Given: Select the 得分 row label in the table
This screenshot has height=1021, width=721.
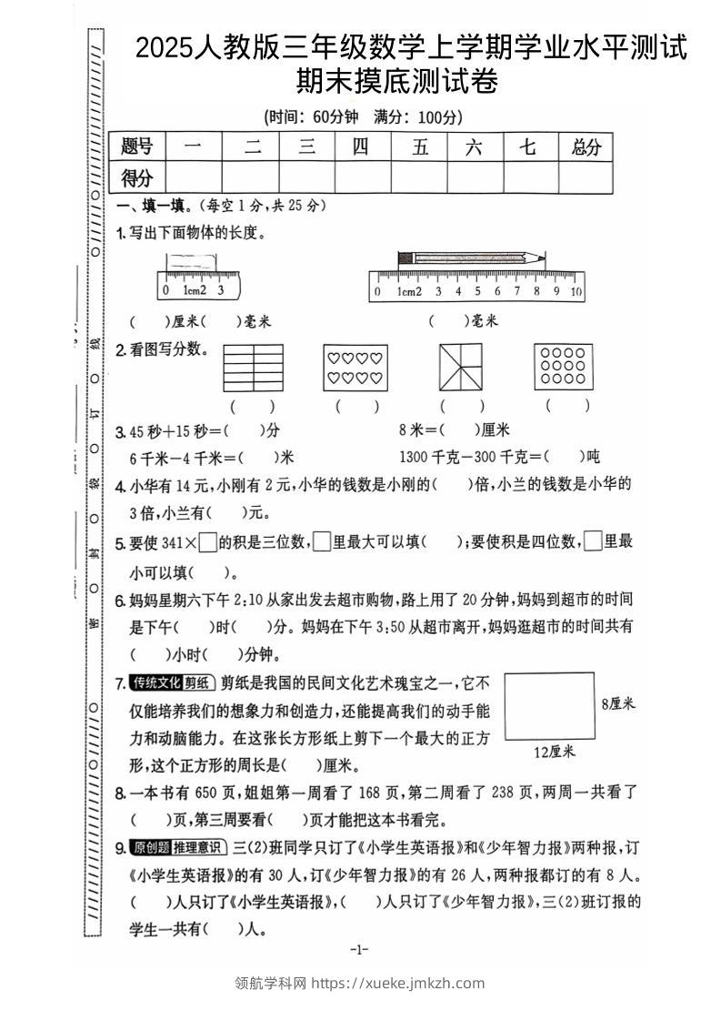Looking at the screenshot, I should [x=137, y=177].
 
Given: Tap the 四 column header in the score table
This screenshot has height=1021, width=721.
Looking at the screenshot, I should [x=361, y=147].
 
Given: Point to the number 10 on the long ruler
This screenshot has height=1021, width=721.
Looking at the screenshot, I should [x=576, y=292].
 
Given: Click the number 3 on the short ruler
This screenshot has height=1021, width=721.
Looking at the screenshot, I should [x=221, y=290].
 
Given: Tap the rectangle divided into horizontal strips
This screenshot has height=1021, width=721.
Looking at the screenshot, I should [x=254, y=367].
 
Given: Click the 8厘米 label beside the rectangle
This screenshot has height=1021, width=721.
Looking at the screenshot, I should [x=617, y=703].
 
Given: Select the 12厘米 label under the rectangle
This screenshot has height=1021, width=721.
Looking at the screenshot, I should [x=555, y=752].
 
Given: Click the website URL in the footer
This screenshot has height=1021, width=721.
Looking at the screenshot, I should [x=397, y=983].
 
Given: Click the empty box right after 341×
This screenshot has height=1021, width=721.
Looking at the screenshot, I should [x=207, y=542].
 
